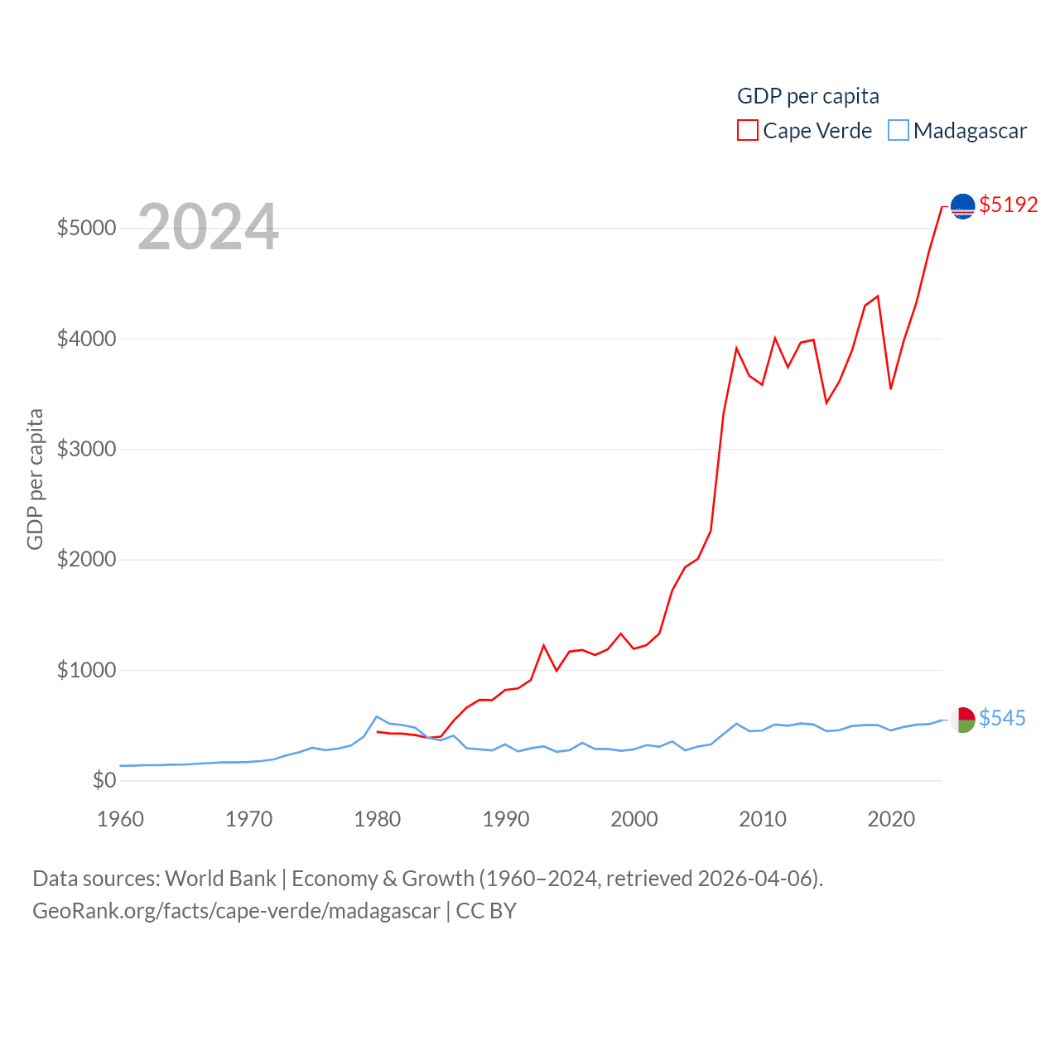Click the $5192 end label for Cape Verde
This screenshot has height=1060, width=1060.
[1008, 205]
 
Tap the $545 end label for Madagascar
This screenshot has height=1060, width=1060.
[1002, 718]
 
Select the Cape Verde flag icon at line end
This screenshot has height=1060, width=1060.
[962, 205]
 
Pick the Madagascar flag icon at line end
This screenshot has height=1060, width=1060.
[962, 719]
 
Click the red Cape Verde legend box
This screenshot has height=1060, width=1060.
[748, 131]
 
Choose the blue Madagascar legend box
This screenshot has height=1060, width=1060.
[899, 131]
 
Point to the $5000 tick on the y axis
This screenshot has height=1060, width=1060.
[86, 228]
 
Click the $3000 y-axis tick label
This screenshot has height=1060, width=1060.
[86, 449]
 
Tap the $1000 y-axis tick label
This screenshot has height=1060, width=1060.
[86, 670]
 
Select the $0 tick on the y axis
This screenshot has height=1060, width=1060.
[104, 780]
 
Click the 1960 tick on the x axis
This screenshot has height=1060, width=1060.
[121, 819]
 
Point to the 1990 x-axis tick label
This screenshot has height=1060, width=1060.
[506, 819]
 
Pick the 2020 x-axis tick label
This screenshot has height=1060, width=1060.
[891, 819]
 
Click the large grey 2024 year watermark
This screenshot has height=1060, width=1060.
[208, 227]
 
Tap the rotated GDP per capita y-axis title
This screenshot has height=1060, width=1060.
[35, 479]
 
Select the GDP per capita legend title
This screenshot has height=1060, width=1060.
[808, 96]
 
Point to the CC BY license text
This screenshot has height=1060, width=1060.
[486, 911]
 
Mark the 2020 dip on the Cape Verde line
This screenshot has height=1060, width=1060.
[891, 388]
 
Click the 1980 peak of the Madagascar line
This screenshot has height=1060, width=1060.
[377, 717]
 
